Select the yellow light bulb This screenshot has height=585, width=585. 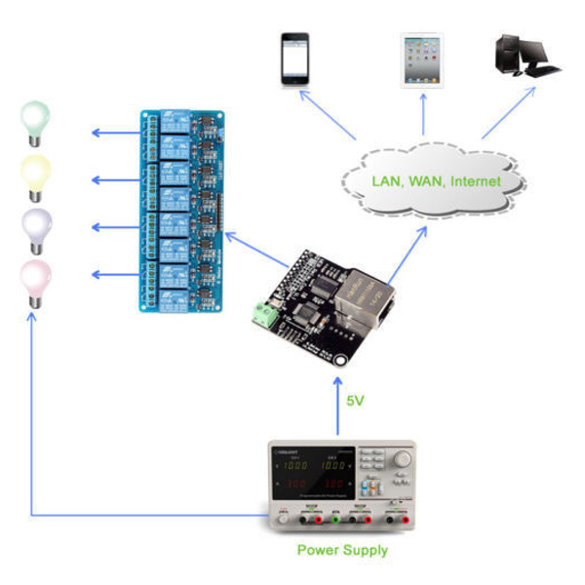(36, 175)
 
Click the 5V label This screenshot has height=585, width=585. (360, 400)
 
